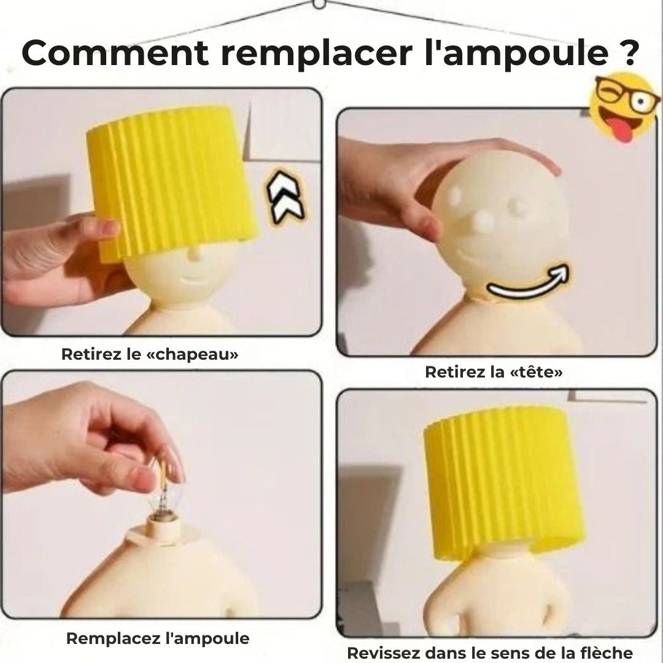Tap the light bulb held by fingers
(x=162, y=497)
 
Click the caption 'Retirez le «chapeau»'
(x=150, y=355)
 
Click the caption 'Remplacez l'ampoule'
(x=158, y=638)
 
